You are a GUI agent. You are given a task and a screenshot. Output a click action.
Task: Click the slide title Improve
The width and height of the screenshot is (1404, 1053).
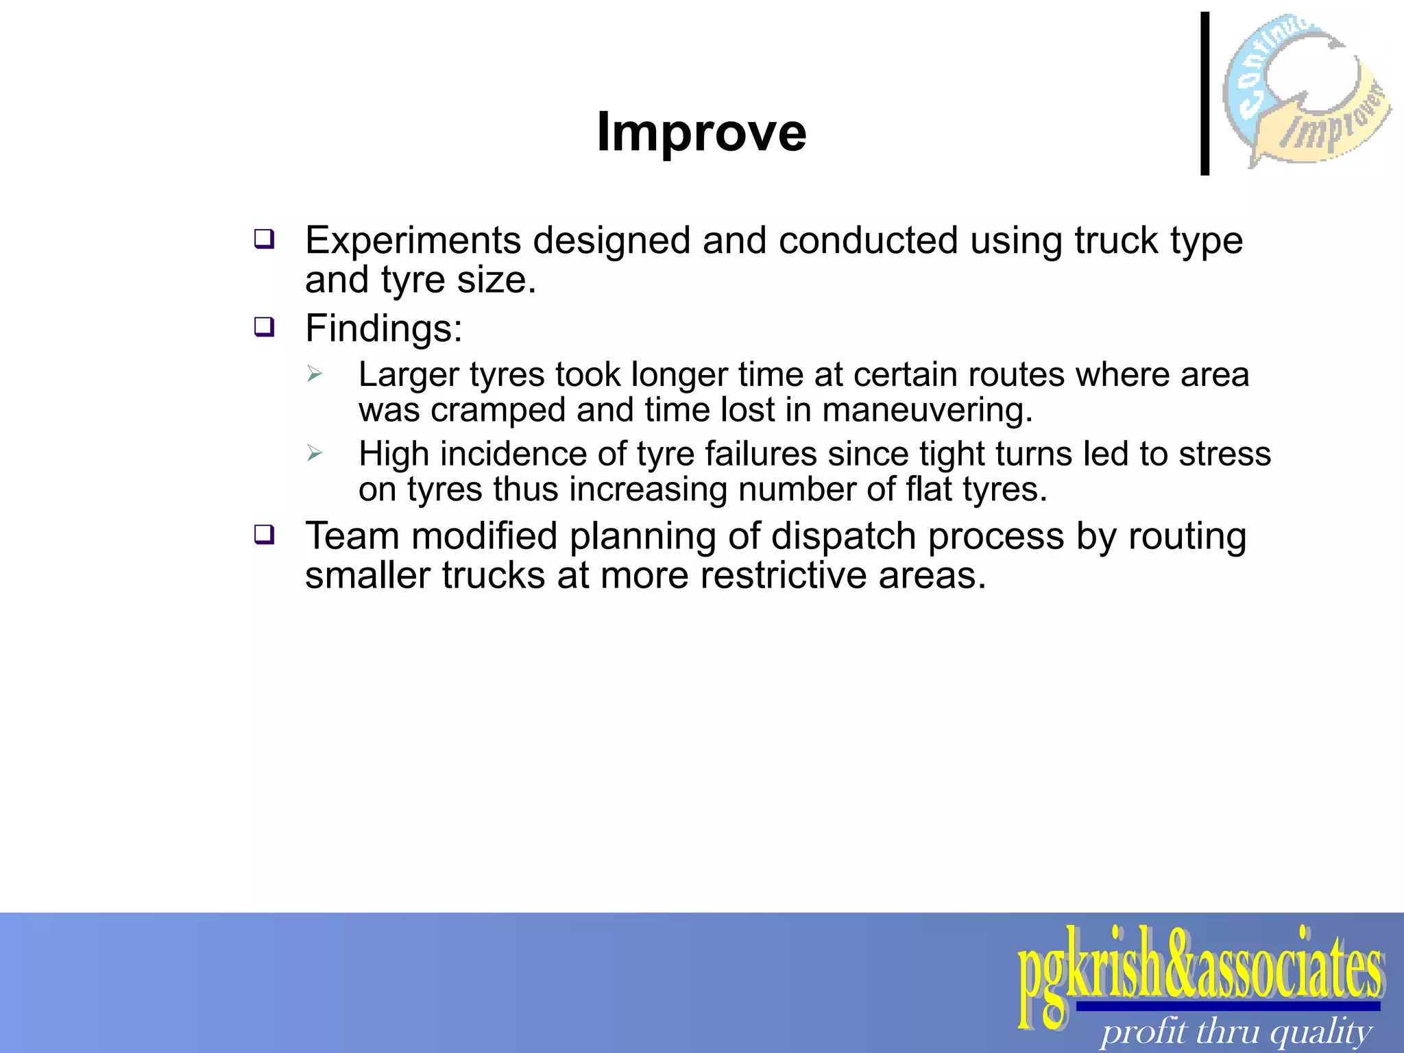701,132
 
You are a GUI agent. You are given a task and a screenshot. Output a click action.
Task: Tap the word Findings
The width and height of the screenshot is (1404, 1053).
383,328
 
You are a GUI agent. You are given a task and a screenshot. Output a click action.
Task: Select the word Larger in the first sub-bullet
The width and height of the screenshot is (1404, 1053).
409,375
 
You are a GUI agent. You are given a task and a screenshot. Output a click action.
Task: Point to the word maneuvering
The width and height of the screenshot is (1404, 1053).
927,410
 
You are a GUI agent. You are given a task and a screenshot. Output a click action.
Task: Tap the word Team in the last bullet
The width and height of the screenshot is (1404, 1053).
352,535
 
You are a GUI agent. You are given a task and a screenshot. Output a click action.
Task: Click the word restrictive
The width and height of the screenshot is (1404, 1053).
783,575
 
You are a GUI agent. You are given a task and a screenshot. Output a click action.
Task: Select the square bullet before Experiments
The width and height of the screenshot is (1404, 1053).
264,239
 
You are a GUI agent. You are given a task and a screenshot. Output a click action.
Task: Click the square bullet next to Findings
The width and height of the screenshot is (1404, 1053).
264,327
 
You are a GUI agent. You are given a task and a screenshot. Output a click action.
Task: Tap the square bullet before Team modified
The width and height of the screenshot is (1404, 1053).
264,534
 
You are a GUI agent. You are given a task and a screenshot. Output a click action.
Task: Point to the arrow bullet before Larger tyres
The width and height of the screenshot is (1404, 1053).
315,374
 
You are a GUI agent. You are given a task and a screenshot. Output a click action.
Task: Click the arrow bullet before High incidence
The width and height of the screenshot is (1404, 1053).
315,453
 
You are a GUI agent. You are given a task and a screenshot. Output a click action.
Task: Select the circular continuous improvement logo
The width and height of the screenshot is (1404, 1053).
1306,89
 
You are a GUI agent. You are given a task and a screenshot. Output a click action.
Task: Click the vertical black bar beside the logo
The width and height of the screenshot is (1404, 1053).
1205,94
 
